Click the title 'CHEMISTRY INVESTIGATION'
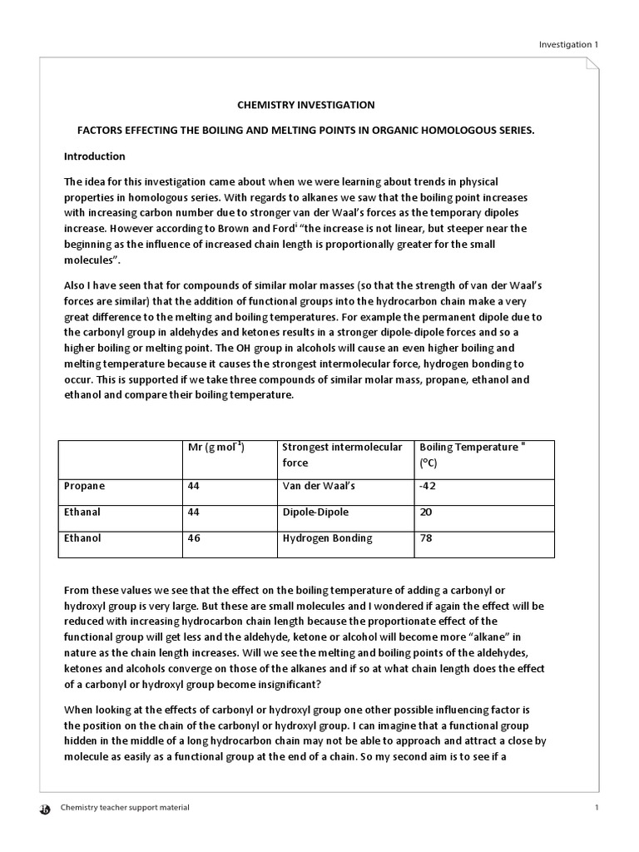pyautogui.click(x=306, y=105)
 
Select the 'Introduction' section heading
pyautogui.click(x=95, y=156)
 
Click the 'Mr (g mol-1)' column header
pyautogui.click(x=217, y=447)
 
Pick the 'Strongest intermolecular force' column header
pyautogui.click(x=342, y=454)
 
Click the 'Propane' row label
pyautogui.click(x=85, y=486)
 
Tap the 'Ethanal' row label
pyautogui.click(x=83, y=512)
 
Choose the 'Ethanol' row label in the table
pyautogui.click(x=83, y=538)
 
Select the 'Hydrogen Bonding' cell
pyautogui.click(x=327, y=538)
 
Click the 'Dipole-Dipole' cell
pyautogui.click(x=315, y=512)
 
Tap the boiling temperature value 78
pyautogui.click(x=426, y=538)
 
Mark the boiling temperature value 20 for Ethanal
pyautogui.click(x=426, y=512)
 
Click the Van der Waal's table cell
pyautogui.click(x=319, y=486)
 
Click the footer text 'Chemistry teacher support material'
pyautogui.click(x=126, y=807)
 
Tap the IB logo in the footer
pyautogui.click(x=45, y=808)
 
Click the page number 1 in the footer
pyautogui.click(x=597, y=807)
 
